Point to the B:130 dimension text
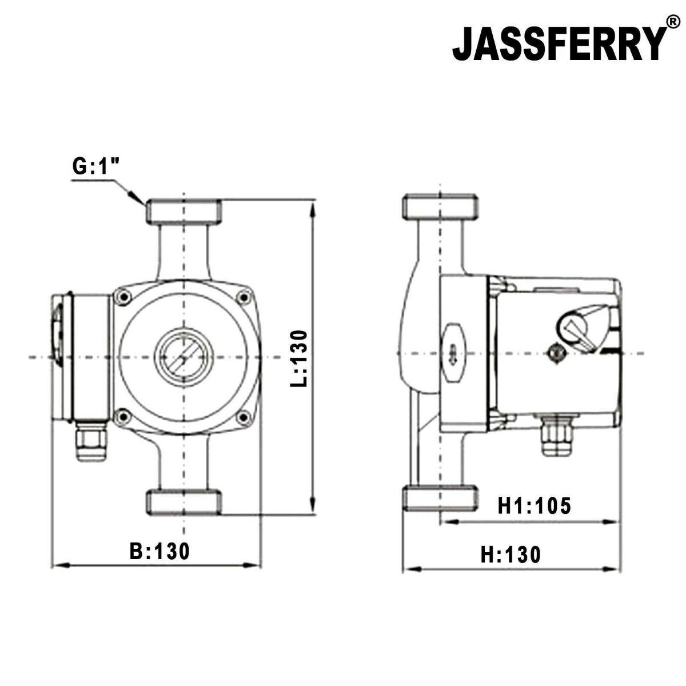point(159,551)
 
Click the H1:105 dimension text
point(534,505)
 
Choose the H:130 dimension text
point(510,555)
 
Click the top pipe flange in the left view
point(184,212)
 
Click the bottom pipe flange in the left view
point(184,502)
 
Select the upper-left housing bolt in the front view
point(122,296)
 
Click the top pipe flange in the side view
point(440,208)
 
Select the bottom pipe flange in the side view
point(440,498)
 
